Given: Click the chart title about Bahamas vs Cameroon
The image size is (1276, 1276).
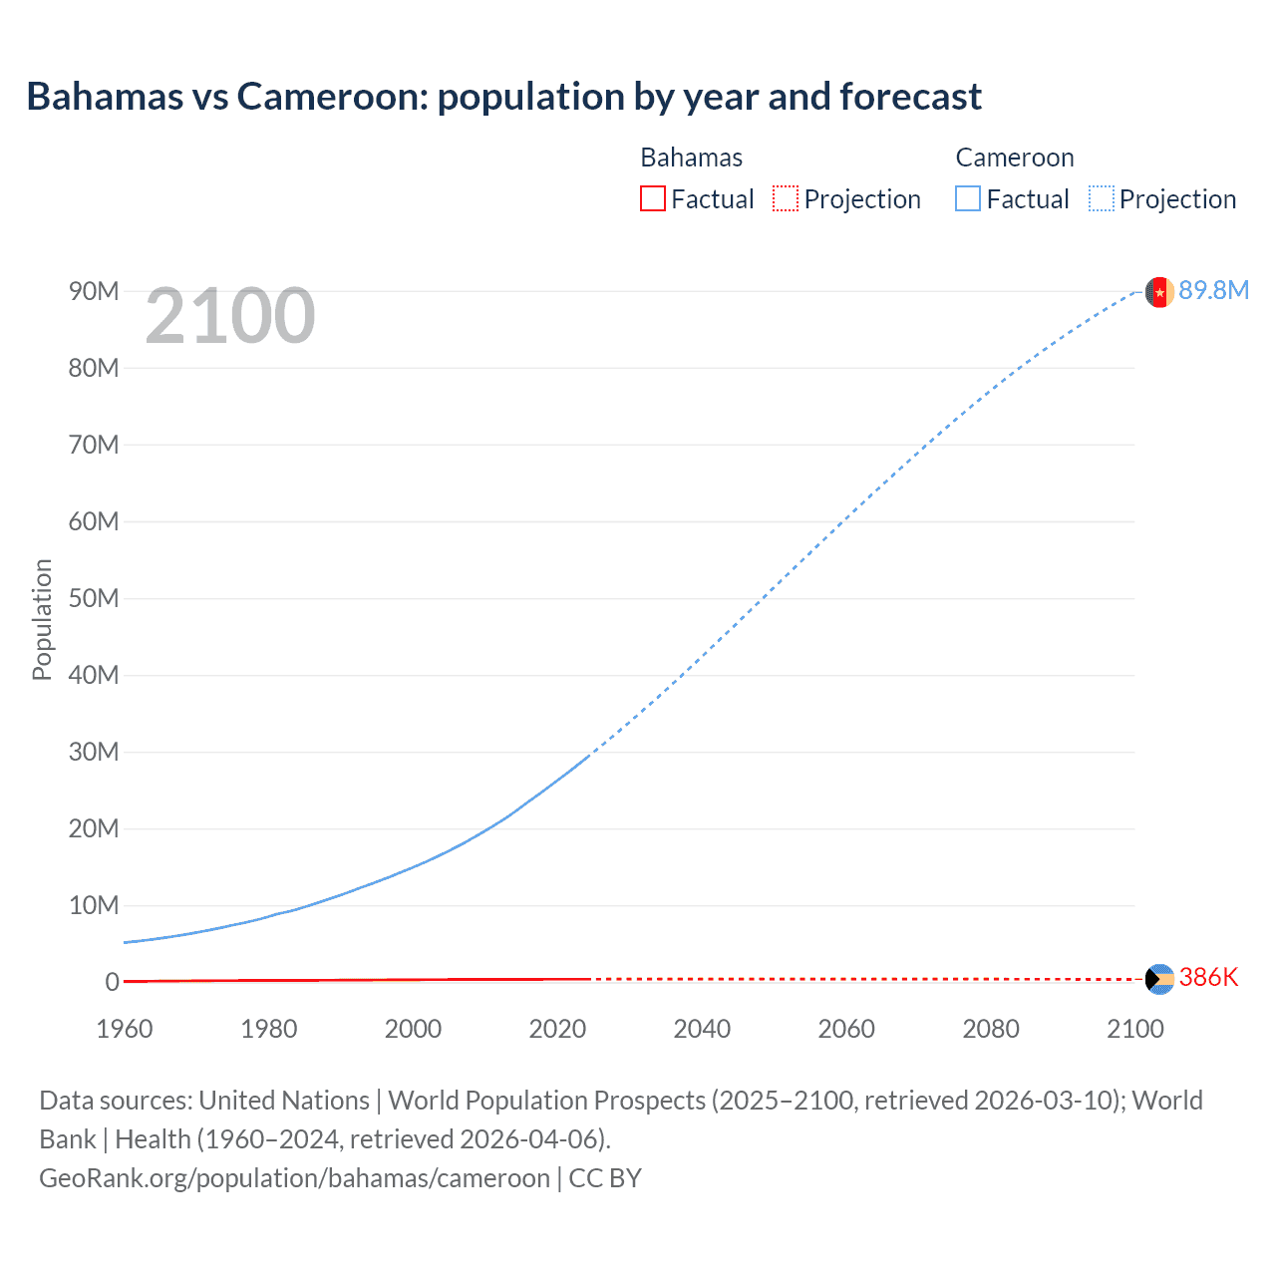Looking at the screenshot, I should (x=503, y=97).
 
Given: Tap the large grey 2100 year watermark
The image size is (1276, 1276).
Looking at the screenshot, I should (x=230, y=316).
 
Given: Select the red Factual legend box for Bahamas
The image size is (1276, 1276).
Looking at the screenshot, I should (x=652, y=199).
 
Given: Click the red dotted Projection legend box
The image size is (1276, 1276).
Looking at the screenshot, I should (x=786, y=199).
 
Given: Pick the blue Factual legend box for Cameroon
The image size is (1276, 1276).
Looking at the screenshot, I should (x=968, y=199).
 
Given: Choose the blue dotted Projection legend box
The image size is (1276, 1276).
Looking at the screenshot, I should (x=1102, y=199).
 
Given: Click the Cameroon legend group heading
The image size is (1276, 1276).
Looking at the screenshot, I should (x=1014, y=158).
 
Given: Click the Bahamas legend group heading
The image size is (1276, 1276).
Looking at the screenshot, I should (x=691, y=158).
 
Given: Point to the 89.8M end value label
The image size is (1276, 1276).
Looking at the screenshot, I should (x=1213, y=290).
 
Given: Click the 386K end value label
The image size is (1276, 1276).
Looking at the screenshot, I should (x=1208, y=977).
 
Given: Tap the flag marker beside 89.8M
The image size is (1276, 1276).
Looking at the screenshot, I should (x=1158, y=292).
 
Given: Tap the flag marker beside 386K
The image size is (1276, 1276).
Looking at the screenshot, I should (x=1159, y=979).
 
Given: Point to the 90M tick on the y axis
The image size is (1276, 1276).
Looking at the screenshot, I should (x=94, y=291).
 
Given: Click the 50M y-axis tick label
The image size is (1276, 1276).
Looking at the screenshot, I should (x=94, y=598).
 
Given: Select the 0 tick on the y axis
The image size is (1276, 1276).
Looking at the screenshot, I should (x=112, y=982).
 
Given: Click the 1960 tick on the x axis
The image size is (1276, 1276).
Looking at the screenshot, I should (x=125, y=1029).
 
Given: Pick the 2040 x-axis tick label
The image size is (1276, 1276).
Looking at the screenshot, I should (x=702, y=1029).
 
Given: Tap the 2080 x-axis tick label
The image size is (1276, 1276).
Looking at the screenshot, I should (x=991, y=1029).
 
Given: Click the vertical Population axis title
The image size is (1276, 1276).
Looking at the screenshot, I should (x=42, y=619).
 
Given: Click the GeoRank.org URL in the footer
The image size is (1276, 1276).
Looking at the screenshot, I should (x=294, y=1178).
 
